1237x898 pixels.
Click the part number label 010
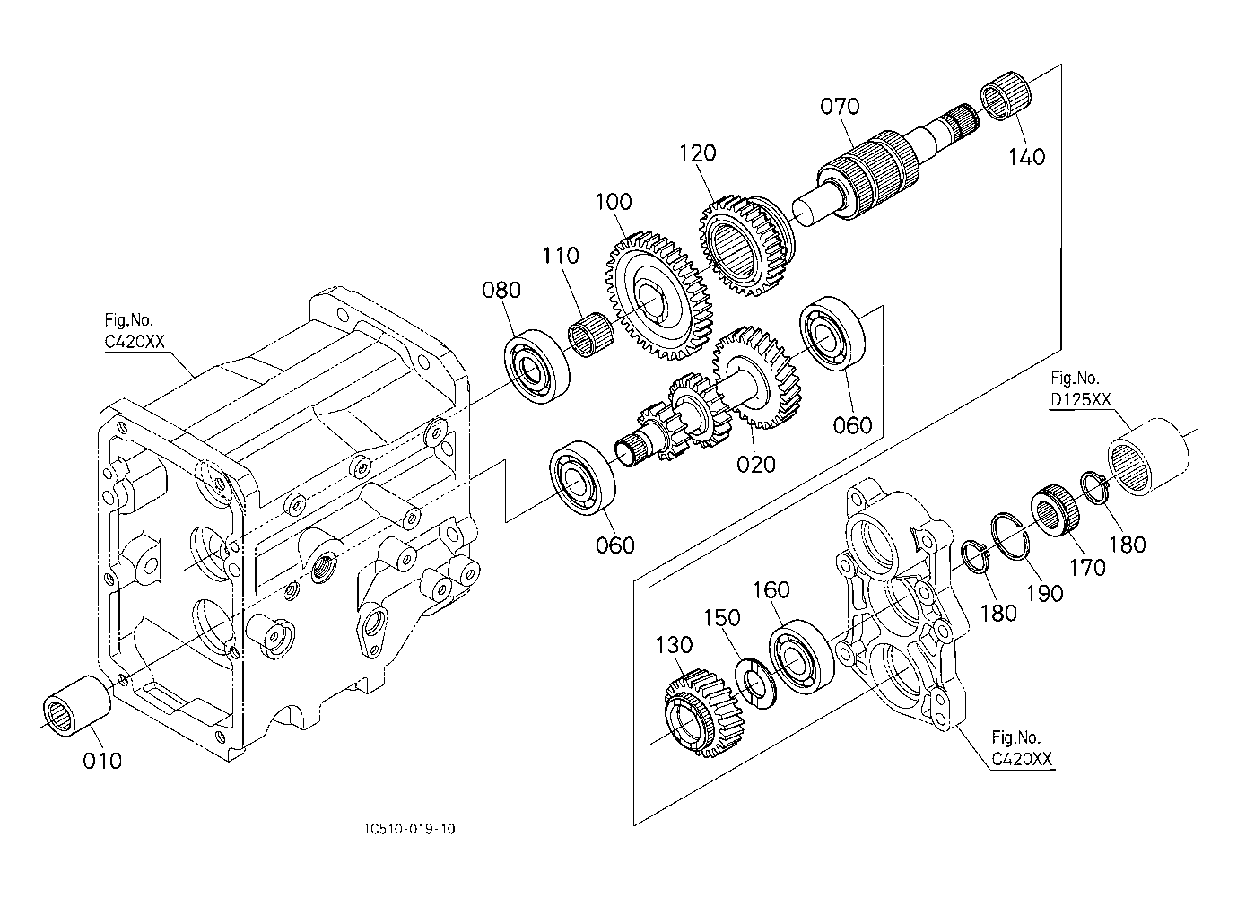click(x=102, y=761)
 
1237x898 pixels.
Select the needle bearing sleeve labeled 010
click(x=76, y=706)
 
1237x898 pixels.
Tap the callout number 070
click(x=840, y=106)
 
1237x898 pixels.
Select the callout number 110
click(x=560, y=255)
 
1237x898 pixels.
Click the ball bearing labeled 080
click(x=536, y=366)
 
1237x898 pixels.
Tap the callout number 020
click(x=755, y=465)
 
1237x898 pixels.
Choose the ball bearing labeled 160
click(x=802, y=657)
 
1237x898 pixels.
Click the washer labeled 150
click(x=756, y=683)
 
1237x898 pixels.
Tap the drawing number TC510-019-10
click(x=409, y=829)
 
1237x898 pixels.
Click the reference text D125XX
click(x=1080, y=399)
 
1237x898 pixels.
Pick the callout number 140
click(x=1026, y=157)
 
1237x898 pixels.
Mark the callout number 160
click(x=771, y=589)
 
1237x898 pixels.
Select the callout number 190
click(x=1045, y=594)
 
